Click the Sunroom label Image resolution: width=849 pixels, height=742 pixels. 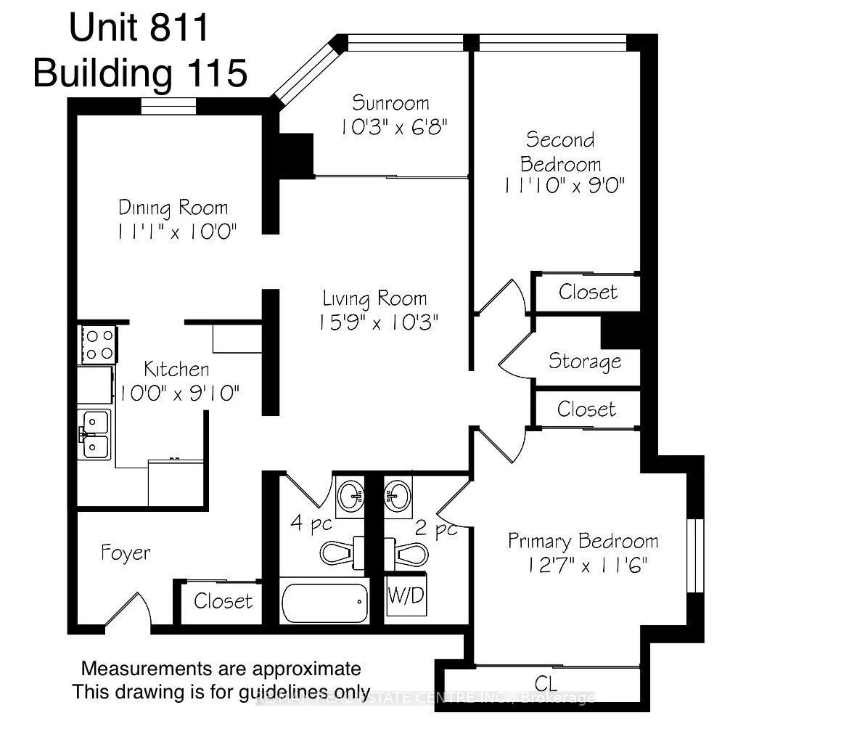390,102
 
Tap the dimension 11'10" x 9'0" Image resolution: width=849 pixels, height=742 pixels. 564,186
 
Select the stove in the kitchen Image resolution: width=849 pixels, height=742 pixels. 97,345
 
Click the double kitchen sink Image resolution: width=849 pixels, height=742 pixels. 94,434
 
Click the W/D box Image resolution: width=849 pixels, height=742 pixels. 406,596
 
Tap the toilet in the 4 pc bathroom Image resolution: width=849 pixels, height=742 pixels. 341,553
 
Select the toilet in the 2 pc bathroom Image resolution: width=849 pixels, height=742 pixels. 406,553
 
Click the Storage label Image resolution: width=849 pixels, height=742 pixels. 584,361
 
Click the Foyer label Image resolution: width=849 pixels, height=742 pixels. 126,553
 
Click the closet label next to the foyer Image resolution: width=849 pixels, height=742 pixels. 223,601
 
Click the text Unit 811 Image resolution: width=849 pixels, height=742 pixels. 139,29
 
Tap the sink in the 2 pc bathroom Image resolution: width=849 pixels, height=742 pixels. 398,496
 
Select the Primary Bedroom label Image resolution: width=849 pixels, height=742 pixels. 583,541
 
